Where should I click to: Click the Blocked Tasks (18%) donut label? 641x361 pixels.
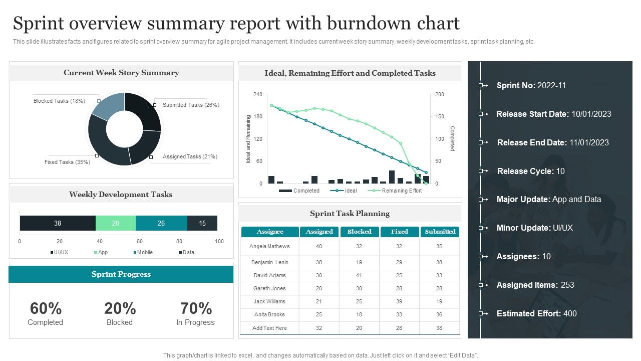[59, 101]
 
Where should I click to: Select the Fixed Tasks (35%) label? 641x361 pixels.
[67, 162]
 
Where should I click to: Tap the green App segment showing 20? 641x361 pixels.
[115, 223]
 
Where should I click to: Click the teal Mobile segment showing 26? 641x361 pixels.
[161, 223]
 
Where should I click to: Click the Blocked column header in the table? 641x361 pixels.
[359, 232]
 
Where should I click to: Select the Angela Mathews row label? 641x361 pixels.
[269, 246]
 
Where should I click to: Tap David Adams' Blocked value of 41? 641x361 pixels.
[359, 275]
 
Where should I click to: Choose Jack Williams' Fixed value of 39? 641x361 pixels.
[399, 301]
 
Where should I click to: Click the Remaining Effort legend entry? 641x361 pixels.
[401, 191]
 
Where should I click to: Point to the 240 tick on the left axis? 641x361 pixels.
[258, 94]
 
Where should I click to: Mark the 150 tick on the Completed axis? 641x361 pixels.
[439, 117]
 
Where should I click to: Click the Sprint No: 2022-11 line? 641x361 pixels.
[531, 85]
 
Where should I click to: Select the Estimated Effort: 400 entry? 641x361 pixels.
[536, 313]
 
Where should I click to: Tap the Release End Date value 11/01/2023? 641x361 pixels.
[589, 142]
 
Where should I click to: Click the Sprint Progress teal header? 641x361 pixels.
[121, 274]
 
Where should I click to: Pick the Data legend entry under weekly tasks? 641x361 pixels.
[188, 252]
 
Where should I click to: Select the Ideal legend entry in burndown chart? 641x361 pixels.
[351, 191]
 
